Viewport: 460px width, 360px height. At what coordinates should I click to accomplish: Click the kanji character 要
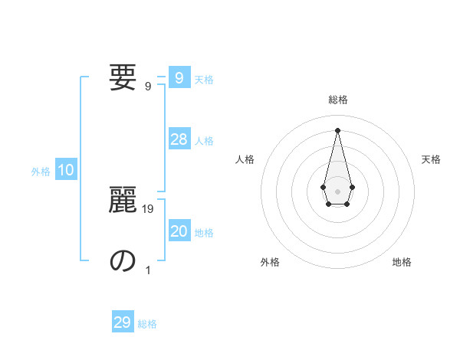click(123, 77)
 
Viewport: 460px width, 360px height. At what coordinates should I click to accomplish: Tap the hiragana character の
click(123, 260)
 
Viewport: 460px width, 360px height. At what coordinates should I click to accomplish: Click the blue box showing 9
click(179, 78)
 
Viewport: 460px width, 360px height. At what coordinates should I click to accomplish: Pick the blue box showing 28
click(179, 139)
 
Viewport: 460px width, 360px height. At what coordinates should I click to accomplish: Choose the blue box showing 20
click(179, 231)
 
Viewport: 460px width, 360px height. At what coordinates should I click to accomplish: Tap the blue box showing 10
click(66, 170)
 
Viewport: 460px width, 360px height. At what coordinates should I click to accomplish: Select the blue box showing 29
click(123, 322)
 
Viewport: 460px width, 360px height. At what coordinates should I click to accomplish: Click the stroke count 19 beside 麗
click(148, 208)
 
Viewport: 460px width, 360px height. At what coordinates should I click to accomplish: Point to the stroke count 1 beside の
click(148, 270)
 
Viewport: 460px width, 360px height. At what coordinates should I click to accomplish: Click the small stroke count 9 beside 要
click(148, 86)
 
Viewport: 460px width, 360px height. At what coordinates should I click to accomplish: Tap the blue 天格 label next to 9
click(204, 80)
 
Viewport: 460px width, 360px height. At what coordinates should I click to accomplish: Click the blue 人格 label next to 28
click(204, 141)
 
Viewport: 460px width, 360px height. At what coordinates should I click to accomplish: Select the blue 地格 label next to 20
click(204, 233)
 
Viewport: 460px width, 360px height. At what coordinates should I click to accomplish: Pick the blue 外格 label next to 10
click(41, 172)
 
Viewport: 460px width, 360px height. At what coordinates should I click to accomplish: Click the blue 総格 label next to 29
click(147, 324)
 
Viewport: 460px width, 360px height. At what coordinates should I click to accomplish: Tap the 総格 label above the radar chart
click(338, 100)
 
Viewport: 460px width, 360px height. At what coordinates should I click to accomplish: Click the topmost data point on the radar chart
click(337, 129)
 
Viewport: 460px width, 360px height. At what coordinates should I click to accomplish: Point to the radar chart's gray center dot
click(337, 191)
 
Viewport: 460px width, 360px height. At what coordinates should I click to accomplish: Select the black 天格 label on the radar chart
click(431, 159)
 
